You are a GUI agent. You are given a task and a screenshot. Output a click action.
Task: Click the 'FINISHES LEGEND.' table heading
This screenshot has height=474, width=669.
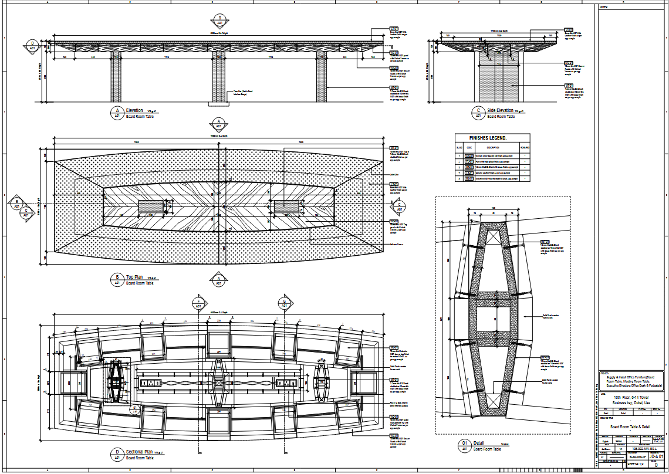click(492, 138)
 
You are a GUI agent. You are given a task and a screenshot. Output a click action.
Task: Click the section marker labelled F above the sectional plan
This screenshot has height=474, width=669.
click(198, 303)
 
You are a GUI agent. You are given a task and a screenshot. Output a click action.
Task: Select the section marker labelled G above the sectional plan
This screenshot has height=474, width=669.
click(285, 303)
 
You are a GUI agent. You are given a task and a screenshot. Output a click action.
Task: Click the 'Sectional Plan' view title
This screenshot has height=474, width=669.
click(140, 452)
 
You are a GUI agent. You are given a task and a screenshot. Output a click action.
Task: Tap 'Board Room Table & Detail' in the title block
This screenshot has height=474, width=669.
click(630, 426)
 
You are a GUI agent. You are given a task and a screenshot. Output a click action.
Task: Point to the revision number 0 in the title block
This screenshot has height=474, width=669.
click(656, 464)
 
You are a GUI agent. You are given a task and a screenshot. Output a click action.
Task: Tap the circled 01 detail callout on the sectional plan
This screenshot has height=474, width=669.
click(134, 408)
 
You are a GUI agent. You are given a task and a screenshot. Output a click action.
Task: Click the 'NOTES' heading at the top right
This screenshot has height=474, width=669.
click(604, 7)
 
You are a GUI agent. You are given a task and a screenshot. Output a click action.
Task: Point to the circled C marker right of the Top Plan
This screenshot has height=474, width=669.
click(399, 206)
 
